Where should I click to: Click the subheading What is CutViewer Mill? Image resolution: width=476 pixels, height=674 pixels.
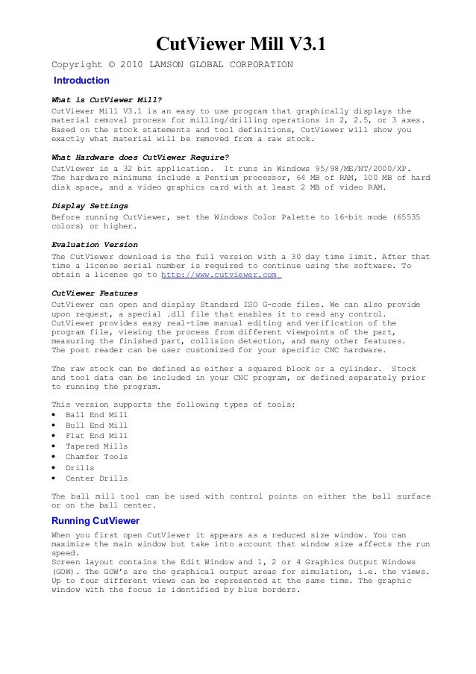pyautogui.click(x=107, y=101)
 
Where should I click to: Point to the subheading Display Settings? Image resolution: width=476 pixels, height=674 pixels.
pyautogui.click(x=90, y=205)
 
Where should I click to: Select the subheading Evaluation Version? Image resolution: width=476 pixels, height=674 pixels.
pyautogui.click(x=94, y=244)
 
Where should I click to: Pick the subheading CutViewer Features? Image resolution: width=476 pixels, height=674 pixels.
pyautogui.click(x=94, y=294)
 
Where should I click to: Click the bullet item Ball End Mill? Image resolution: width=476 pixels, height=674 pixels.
pyautogui.click(x=96, y=415)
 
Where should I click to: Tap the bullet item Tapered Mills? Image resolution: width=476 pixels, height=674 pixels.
pyautogui.click(x=96, y=446)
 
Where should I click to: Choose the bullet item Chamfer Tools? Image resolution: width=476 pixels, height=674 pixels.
pyautogui.click(x=96, y=457)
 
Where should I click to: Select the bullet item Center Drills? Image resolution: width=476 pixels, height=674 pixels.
pyautogui.click(x=96, y=478)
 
